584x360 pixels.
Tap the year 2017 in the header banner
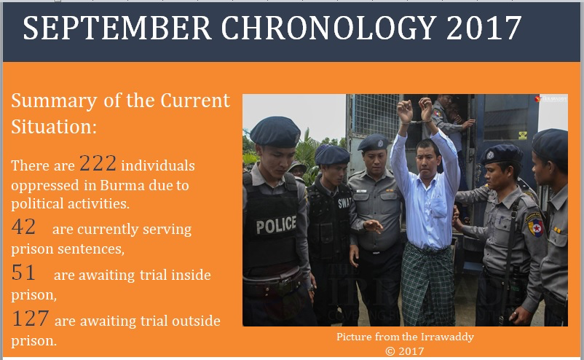point(484,28)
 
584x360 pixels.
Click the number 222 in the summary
point(98,163)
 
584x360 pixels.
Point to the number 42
point(23,227)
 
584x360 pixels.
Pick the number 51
point(23,273)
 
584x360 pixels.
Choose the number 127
point(30,318)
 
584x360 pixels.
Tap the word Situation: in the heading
point(54,127)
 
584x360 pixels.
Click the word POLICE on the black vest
point(276,225)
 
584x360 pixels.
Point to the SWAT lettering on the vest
point(344,203)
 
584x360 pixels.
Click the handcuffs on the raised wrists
point(417,121)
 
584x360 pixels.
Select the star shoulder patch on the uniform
point(536,225)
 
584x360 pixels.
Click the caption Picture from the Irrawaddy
point(405,337)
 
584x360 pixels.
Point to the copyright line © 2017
point(405,351)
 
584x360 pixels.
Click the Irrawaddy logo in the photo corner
point(551,99)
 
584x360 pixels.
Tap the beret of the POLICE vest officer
point(275,131)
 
